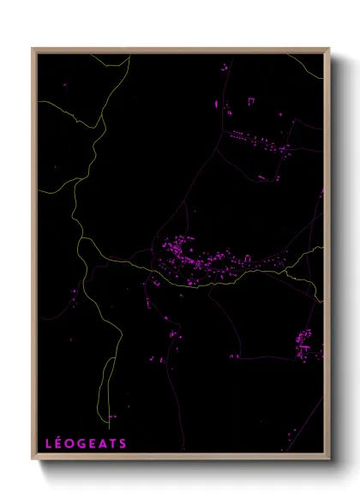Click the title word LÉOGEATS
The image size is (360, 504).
pos(86,443)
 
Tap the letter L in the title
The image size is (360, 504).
pos(49,444)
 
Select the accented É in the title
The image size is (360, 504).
pos(59,443)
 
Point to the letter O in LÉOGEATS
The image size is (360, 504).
pos(69,444)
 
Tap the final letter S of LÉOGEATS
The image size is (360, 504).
pos(123,444)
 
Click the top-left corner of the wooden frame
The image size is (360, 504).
pos(33,50)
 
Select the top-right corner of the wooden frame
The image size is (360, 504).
pos(328,50)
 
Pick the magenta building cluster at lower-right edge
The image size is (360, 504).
pos(307,343)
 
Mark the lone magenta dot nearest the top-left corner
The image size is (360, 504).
pos(63,86)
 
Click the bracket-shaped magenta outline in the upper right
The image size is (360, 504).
pos(250,101)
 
